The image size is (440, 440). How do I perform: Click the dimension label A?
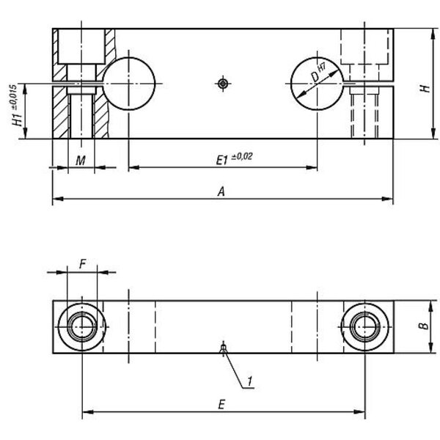221,191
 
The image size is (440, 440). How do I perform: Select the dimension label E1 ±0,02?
235,158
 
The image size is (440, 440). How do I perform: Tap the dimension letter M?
81,161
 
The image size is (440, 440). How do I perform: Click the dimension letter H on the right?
425,89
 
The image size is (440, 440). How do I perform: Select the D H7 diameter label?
318,73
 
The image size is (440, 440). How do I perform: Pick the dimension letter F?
82,264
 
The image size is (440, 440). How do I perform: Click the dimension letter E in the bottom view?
221,405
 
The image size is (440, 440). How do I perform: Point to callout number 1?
249,381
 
